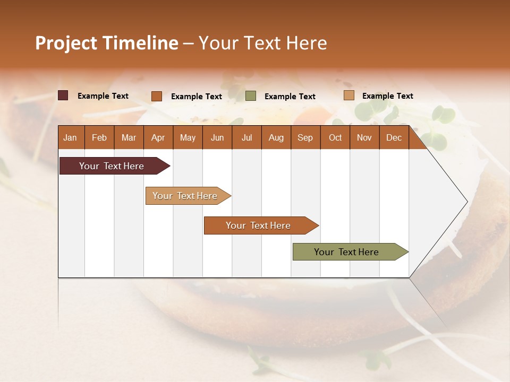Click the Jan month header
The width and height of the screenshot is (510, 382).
(70, 137)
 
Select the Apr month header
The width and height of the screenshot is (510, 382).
(158, 137)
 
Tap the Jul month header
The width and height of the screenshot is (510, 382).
(246, 137)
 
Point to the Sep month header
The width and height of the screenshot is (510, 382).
(305, 137)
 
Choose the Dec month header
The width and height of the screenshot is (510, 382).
(394, 137)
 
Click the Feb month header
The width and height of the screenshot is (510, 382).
(99, 137)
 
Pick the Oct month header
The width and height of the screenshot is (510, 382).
(335, 137)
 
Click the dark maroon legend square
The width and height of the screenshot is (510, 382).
(63, 95)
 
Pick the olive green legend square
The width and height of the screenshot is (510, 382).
(251, 96)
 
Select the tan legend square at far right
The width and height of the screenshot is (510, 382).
(348, 95)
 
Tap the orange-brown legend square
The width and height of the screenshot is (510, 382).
(156, 96)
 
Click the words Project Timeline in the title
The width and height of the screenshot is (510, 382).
(106, 43)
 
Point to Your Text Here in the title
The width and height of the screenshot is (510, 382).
(262, 43)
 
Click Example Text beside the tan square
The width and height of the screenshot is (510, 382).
(387, 95)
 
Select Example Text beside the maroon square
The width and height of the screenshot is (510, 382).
(103, 95)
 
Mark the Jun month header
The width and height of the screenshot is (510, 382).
(217, 137)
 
